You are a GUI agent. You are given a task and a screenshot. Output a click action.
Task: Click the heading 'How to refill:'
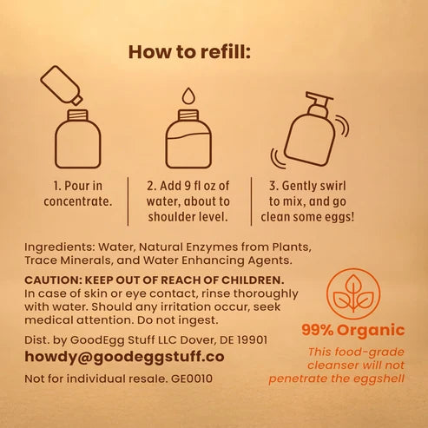point(189,52)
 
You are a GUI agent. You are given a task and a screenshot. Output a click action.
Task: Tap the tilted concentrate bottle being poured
point(62,85)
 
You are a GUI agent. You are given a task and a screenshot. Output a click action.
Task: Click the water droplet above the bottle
point(188,95)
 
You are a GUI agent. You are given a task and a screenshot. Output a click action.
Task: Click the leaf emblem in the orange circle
point(353,293)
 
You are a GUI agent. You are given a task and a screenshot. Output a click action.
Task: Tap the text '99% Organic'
point(353,330)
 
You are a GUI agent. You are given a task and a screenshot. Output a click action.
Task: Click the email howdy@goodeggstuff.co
point(124,357)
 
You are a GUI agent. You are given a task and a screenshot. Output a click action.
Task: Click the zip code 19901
point(252,339)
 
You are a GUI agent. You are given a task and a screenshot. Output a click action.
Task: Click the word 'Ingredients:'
point(60,247)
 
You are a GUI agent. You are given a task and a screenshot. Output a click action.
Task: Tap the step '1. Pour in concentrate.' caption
point(78,194)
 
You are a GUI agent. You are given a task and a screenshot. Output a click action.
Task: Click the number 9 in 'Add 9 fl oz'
point(188,186)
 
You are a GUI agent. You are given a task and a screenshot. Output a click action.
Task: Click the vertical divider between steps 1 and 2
point(128,201)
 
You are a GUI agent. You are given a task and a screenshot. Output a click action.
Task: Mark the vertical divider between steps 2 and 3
point(251,201)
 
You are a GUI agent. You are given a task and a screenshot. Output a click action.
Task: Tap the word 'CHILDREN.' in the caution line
point(253,280)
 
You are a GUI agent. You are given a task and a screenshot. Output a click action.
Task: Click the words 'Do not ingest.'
point(177,320)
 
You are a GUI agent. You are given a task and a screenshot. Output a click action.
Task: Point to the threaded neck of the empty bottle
point(78,115)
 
